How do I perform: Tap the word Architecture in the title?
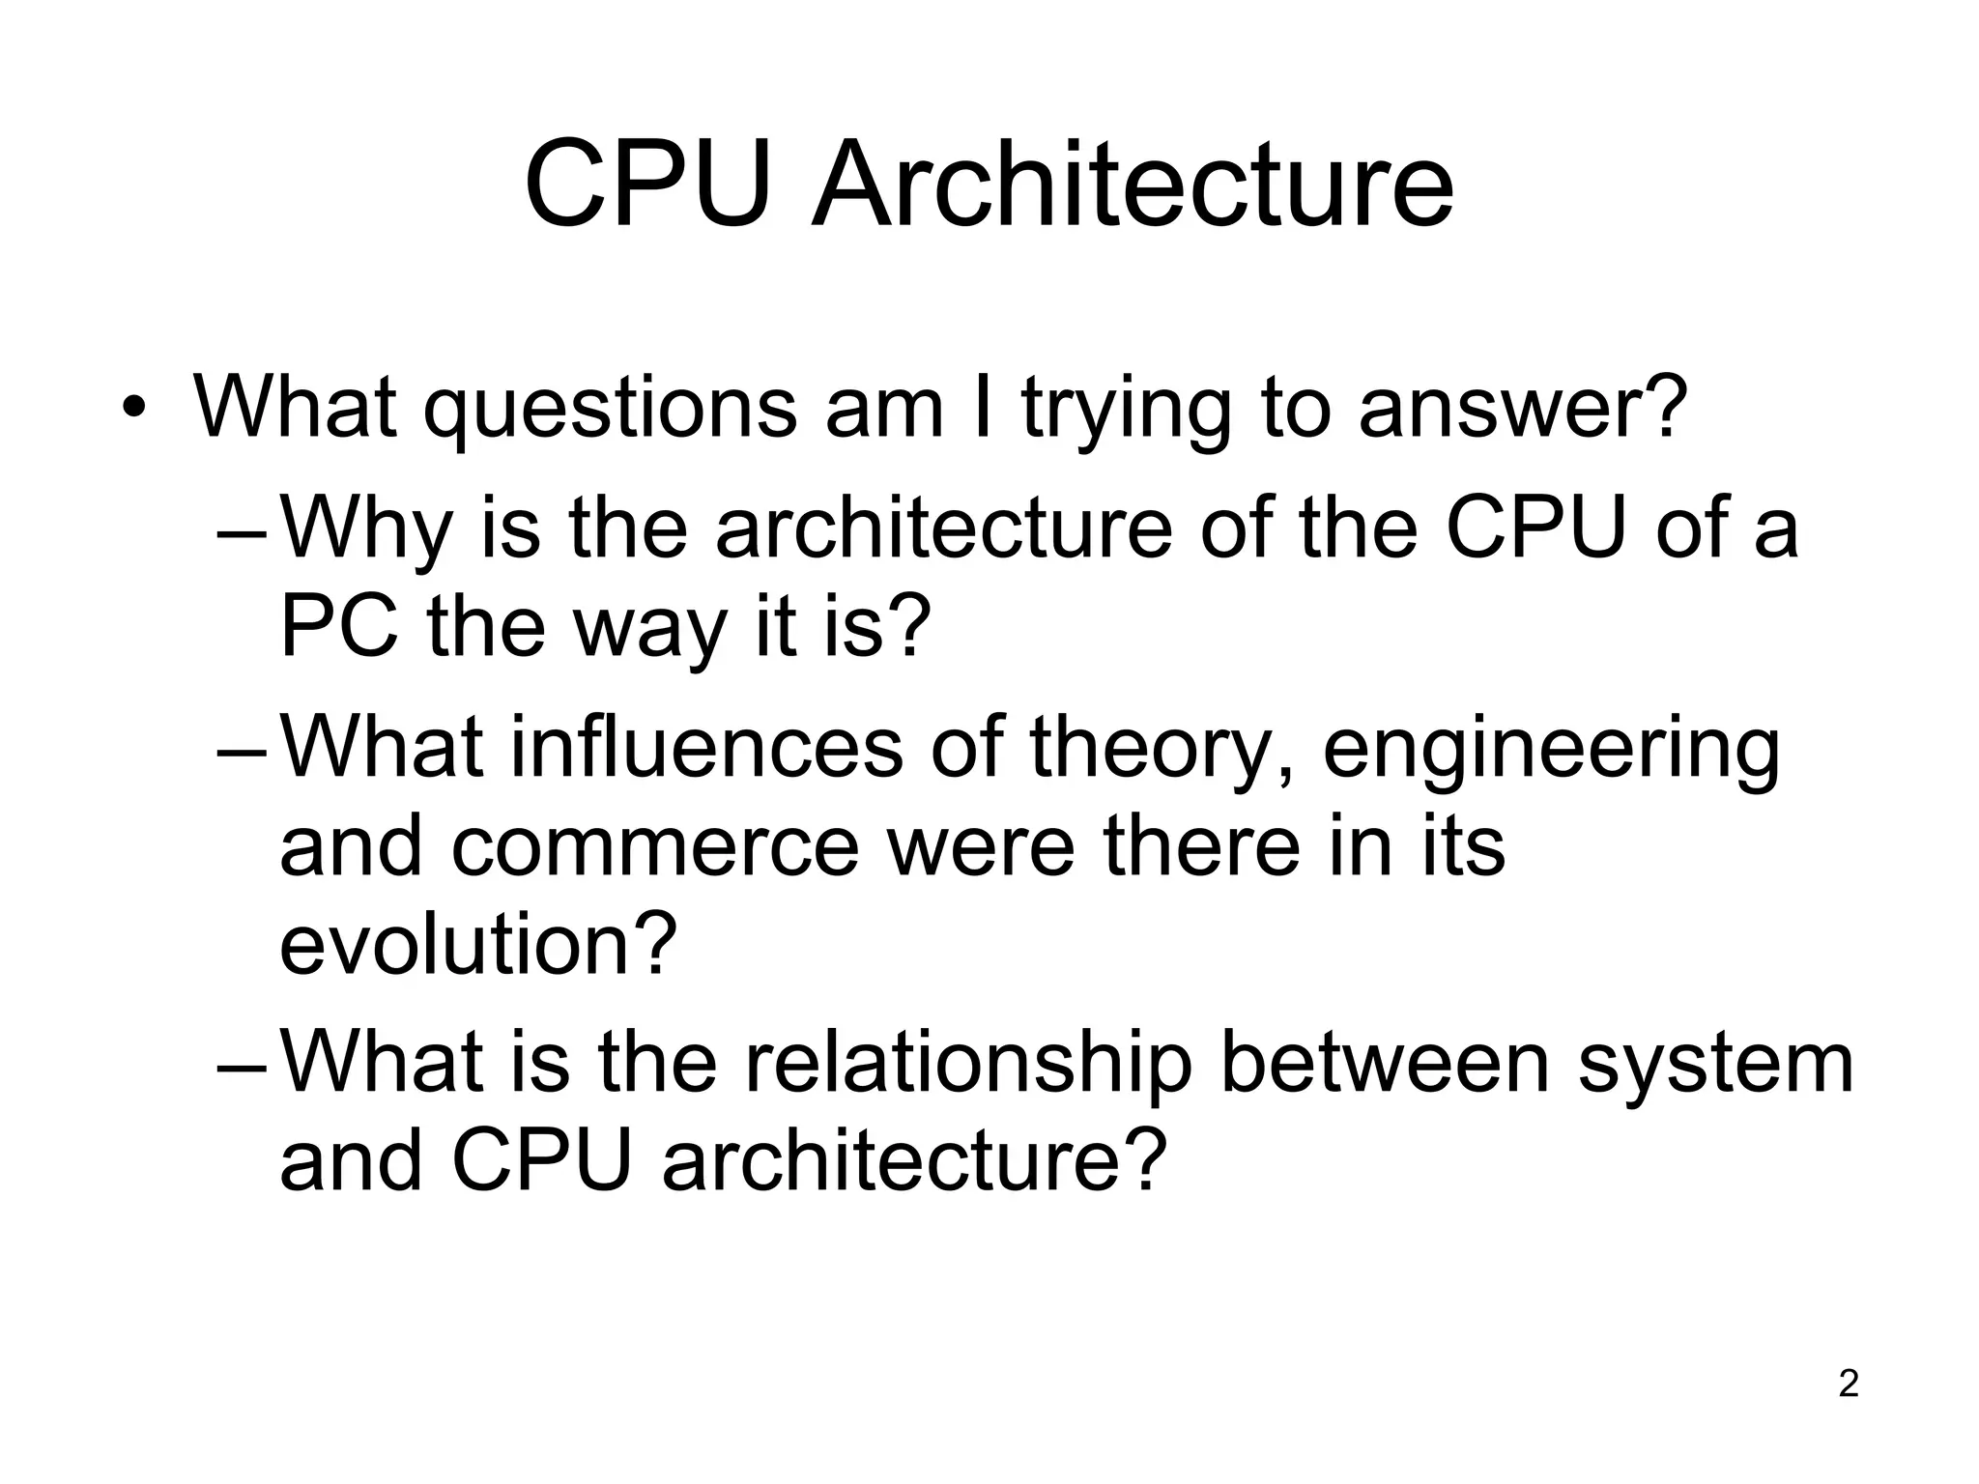coord(1133,184)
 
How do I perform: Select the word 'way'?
coord(649,630)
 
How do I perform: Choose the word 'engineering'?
coord(1551,751)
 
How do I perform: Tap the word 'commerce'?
coord(654,846)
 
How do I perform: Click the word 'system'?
coord(1716,1065)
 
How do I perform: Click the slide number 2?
coord(1849,1384)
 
